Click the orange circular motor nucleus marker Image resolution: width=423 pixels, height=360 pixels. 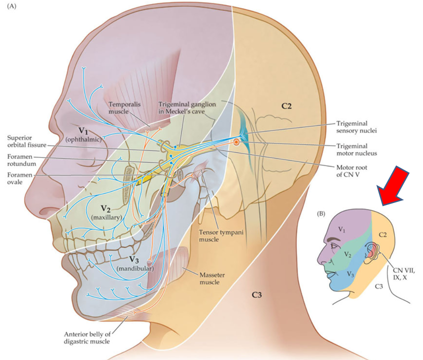tap(236, 142)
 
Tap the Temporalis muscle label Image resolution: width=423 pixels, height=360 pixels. tap(126, 106)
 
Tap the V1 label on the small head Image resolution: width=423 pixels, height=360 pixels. tap(341, 230)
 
